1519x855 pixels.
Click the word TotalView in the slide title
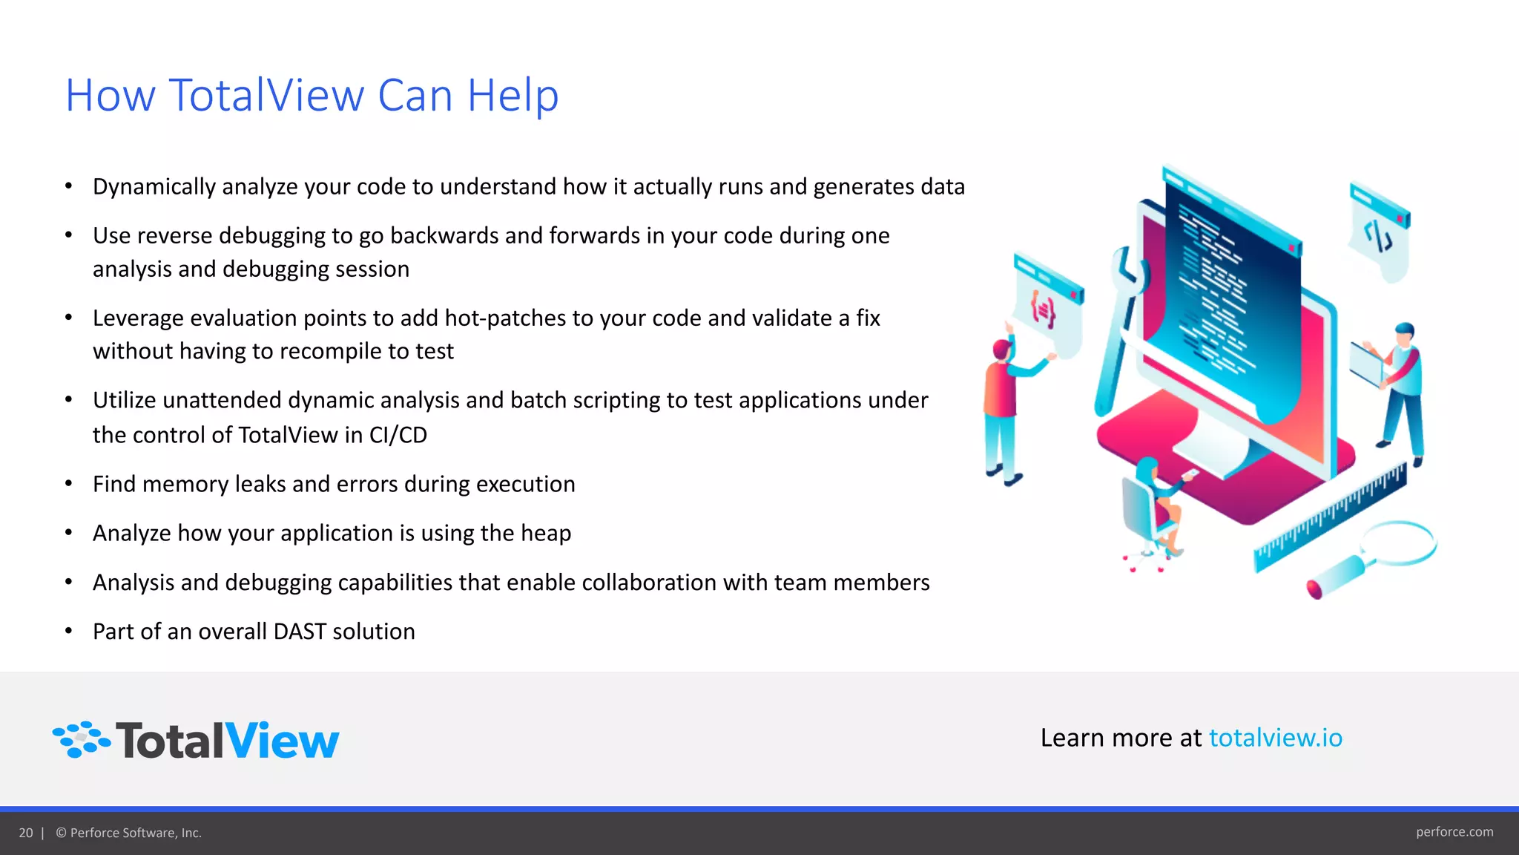click(266, 96)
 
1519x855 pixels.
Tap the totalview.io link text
click(1275, 738)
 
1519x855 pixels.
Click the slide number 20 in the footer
click(26, 833)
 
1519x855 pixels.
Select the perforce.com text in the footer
click(1454, 832)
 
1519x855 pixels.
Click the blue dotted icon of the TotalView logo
click(81, 739)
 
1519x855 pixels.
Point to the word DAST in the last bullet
click(300, 632)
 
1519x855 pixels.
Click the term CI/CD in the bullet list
click(398, 435)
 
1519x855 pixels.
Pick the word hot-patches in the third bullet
click(507, 318)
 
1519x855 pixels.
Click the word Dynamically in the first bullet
click(154, 187)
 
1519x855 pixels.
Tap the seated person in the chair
click(1152, 505)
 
